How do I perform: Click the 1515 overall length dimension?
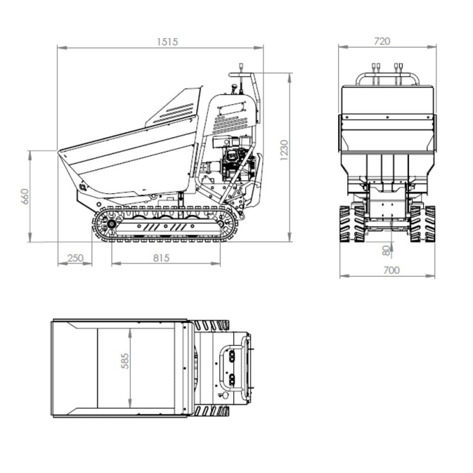coord(167,41)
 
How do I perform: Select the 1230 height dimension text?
coord(284,150)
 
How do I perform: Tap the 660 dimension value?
coord(25,196)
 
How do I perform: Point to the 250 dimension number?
coord(75,258)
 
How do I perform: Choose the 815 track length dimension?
coord(161,258)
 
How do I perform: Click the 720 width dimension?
coord(382,41)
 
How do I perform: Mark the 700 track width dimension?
coord(391,270)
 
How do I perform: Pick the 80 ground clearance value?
coord(387,250)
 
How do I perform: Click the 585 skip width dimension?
coord(125,361)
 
